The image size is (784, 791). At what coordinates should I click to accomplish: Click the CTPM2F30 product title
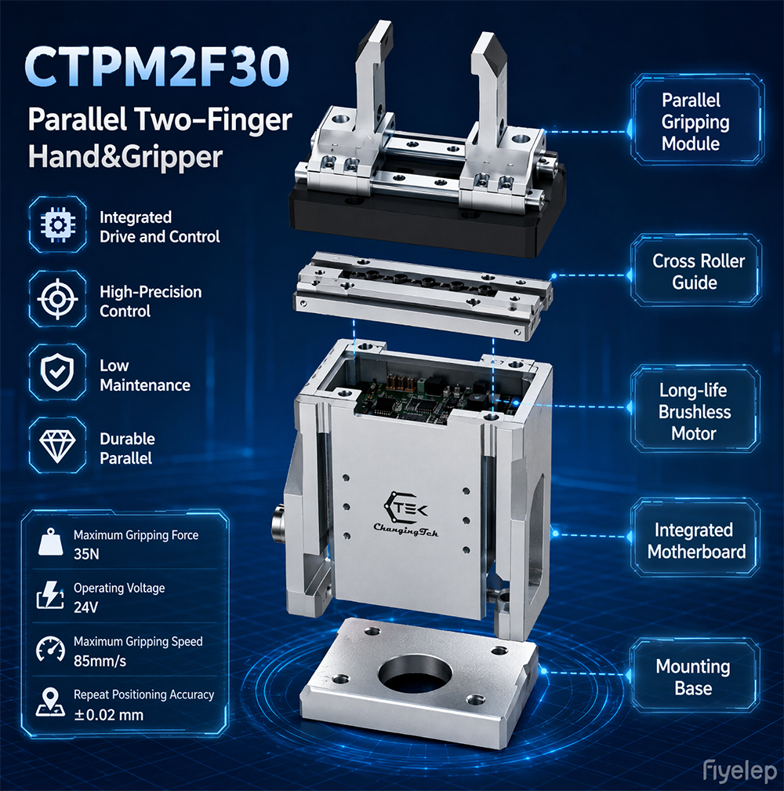click(x=157, y=67)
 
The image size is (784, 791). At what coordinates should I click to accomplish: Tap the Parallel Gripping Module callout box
click(x=697, y=119)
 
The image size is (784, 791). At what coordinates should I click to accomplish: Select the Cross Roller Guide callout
click(x=696, y=271)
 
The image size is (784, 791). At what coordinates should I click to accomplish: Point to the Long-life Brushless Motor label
click(x=695, y=411)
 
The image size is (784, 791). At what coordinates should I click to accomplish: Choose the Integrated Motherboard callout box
click(x=695, y=538)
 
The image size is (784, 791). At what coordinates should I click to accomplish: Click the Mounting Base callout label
click(x=693, y=677)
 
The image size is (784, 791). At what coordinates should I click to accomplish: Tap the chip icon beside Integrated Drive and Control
click(x=57, y=224)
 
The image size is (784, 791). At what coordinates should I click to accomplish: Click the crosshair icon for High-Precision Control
click(x=57, y=299)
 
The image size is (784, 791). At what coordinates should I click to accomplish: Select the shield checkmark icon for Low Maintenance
click(x=57, y=372)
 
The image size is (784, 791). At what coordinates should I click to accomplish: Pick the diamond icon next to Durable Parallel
click(x=57, y=446)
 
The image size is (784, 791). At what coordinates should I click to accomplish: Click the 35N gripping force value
click(x=86, y=554)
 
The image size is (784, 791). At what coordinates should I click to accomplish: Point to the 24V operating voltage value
click(x=85, y=607)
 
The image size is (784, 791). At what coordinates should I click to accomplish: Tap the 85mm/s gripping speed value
click(x=100, y=661)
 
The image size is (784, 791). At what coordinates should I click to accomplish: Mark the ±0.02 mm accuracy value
click(x=108, y=715)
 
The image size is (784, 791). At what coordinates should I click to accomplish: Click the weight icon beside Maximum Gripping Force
click(x=50, y=542)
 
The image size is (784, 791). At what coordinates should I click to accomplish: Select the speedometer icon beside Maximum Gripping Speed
click(x=50, y=649)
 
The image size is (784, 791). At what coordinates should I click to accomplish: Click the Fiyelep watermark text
click(x=739, y=771)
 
